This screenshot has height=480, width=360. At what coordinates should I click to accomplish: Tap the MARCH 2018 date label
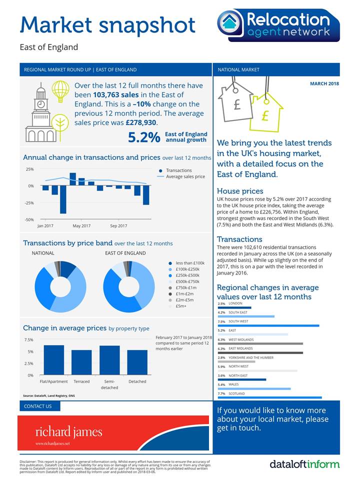point(324,83)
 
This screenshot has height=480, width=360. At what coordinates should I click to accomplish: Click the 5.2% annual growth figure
point(144,137)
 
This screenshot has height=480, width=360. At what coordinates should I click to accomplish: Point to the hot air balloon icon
point(60,91)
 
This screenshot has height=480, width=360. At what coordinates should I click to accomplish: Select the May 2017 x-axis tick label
point(81,226)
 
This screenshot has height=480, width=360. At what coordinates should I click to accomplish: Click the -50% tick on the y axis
point(29,219)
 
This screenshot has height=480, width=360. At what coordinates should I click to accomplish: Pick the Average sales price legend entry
point(185,176)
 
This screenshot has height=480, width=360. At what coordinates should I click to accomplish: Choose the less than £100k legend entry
point(190,263)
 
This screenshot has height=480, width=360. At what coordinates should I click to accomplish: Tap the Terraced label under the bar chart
point(81,381)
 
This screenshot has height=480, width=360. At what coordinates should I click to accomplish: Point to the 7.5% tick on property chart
point(29,340)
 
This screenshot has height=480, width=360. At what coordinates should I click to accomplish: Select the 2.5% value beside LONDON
point(221,303)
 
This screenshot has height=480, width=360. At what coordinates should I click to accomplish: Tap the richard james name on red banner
point(68,431)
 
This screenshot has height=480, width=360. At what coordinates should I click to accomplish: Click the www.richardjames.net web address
point(52,443)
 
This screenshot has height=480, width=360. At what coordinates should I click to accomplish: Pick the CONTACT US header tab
point(38,406)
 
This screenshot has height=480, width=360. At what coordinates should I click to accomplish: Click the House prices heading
point(240,191)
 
